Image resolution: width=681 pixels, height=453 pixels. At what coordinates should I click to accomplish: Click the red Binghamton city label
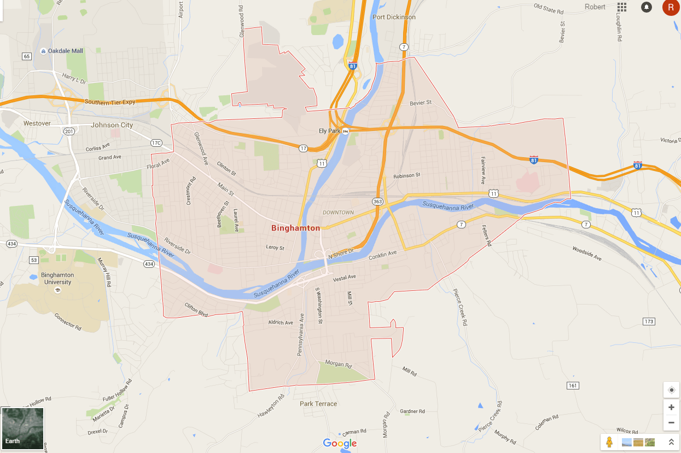pos(295,228)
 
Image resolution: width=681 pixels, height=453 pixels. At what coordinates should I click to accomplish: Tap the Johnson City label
pos(112,125)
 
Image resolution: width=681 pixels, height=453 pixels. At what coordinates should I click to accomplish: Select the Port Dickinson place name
pos(394,17)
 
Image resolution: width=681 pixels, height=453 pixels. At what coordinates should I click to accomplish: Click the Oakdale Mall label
pos(65,51)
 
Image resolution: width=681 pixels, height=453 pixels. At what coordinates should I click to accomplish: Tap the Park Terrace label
pos(318,404)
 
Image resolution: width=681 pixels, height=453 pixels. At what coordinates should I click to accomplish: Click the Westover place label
pos(37,123)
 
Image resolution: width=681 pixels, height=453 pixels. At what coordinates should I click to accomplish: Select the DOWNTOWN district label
pos(338,213)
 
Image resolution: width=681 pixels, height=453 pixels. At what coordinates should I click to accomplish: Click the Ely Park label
pos(330,131)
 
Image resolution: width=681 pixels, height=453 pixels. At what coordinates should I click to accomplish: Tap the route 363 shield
pos(377,202)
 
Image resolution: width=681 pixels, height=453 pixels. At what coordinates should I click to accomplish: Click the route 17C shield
pos(156,143)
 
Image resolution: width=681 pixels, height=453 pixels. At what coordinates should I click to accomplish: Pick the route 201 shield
pos(69,131)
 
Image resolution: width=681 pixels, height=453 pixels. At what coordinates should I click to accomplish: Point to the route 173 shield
pos(649,322)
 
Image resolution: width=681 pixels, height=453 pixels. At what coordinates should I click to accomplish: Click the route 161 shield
pos(572,386)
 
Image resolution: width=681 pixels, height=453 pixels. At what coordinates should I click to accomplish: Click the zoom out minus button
pos(671,422)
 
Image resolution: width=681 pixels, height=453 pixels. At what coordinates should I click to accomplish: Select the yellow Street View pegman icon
pos(609,441)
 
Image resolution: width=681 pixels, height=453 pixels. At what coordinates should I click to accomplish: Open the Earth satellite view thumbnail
pos(22,428)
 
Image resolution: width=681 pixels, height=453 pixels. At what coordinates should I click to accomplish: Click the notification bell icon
pos(647,7)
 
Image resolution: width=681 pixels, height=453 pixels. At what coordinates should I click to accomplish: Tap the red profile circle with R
pos(671,7)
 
